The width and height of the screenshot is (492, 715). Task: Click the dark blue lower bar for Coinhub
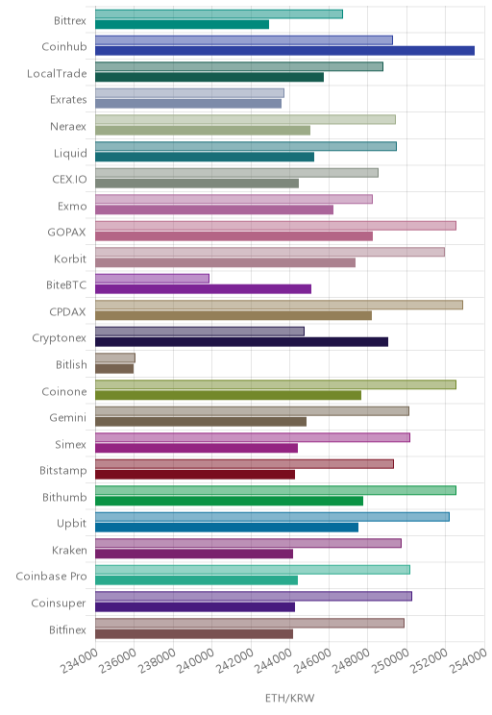point(285,51)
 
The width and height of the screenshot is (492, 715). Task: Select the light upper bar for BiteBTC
point(152,279)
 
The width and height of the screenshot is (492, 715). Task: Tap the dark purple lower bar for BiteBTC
point(204,289)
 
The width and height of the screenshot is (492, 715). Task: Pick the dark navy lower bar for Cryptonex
point(241,342)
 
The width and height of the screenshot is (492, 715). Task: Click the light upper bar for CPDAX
point(279,305)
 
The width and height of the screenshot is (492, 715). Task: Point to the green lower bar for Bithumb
point(230,501)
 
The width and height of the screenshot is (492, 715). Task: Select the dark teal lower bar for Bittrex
point(182,24)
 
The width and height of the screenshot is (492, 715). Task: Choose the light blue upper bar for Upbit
point(272,517)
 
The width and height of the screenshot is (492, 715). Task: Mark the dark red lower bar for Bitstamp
point(195,475)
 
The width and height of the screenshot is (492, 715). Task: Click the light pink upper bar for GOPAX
point(276,226)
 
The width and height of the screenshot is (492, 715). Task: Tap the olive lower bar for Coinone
point(228,395)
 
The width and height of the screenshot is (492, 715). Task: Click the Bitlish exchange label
point(71,365)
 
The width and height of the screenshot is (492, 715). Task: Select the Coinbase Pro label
point(51,577)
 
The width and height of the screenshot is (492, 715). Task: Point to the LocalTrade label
point(57,73)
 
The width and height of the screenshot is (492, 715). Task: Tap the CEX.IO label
point(69,179)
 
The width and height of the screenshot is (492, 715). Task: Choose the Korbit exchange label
point(70,259)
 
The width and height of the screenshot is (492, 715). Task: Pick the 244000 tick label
point(274,660)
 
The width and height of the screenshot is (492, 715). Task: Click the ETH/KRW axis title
point(290,698)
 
